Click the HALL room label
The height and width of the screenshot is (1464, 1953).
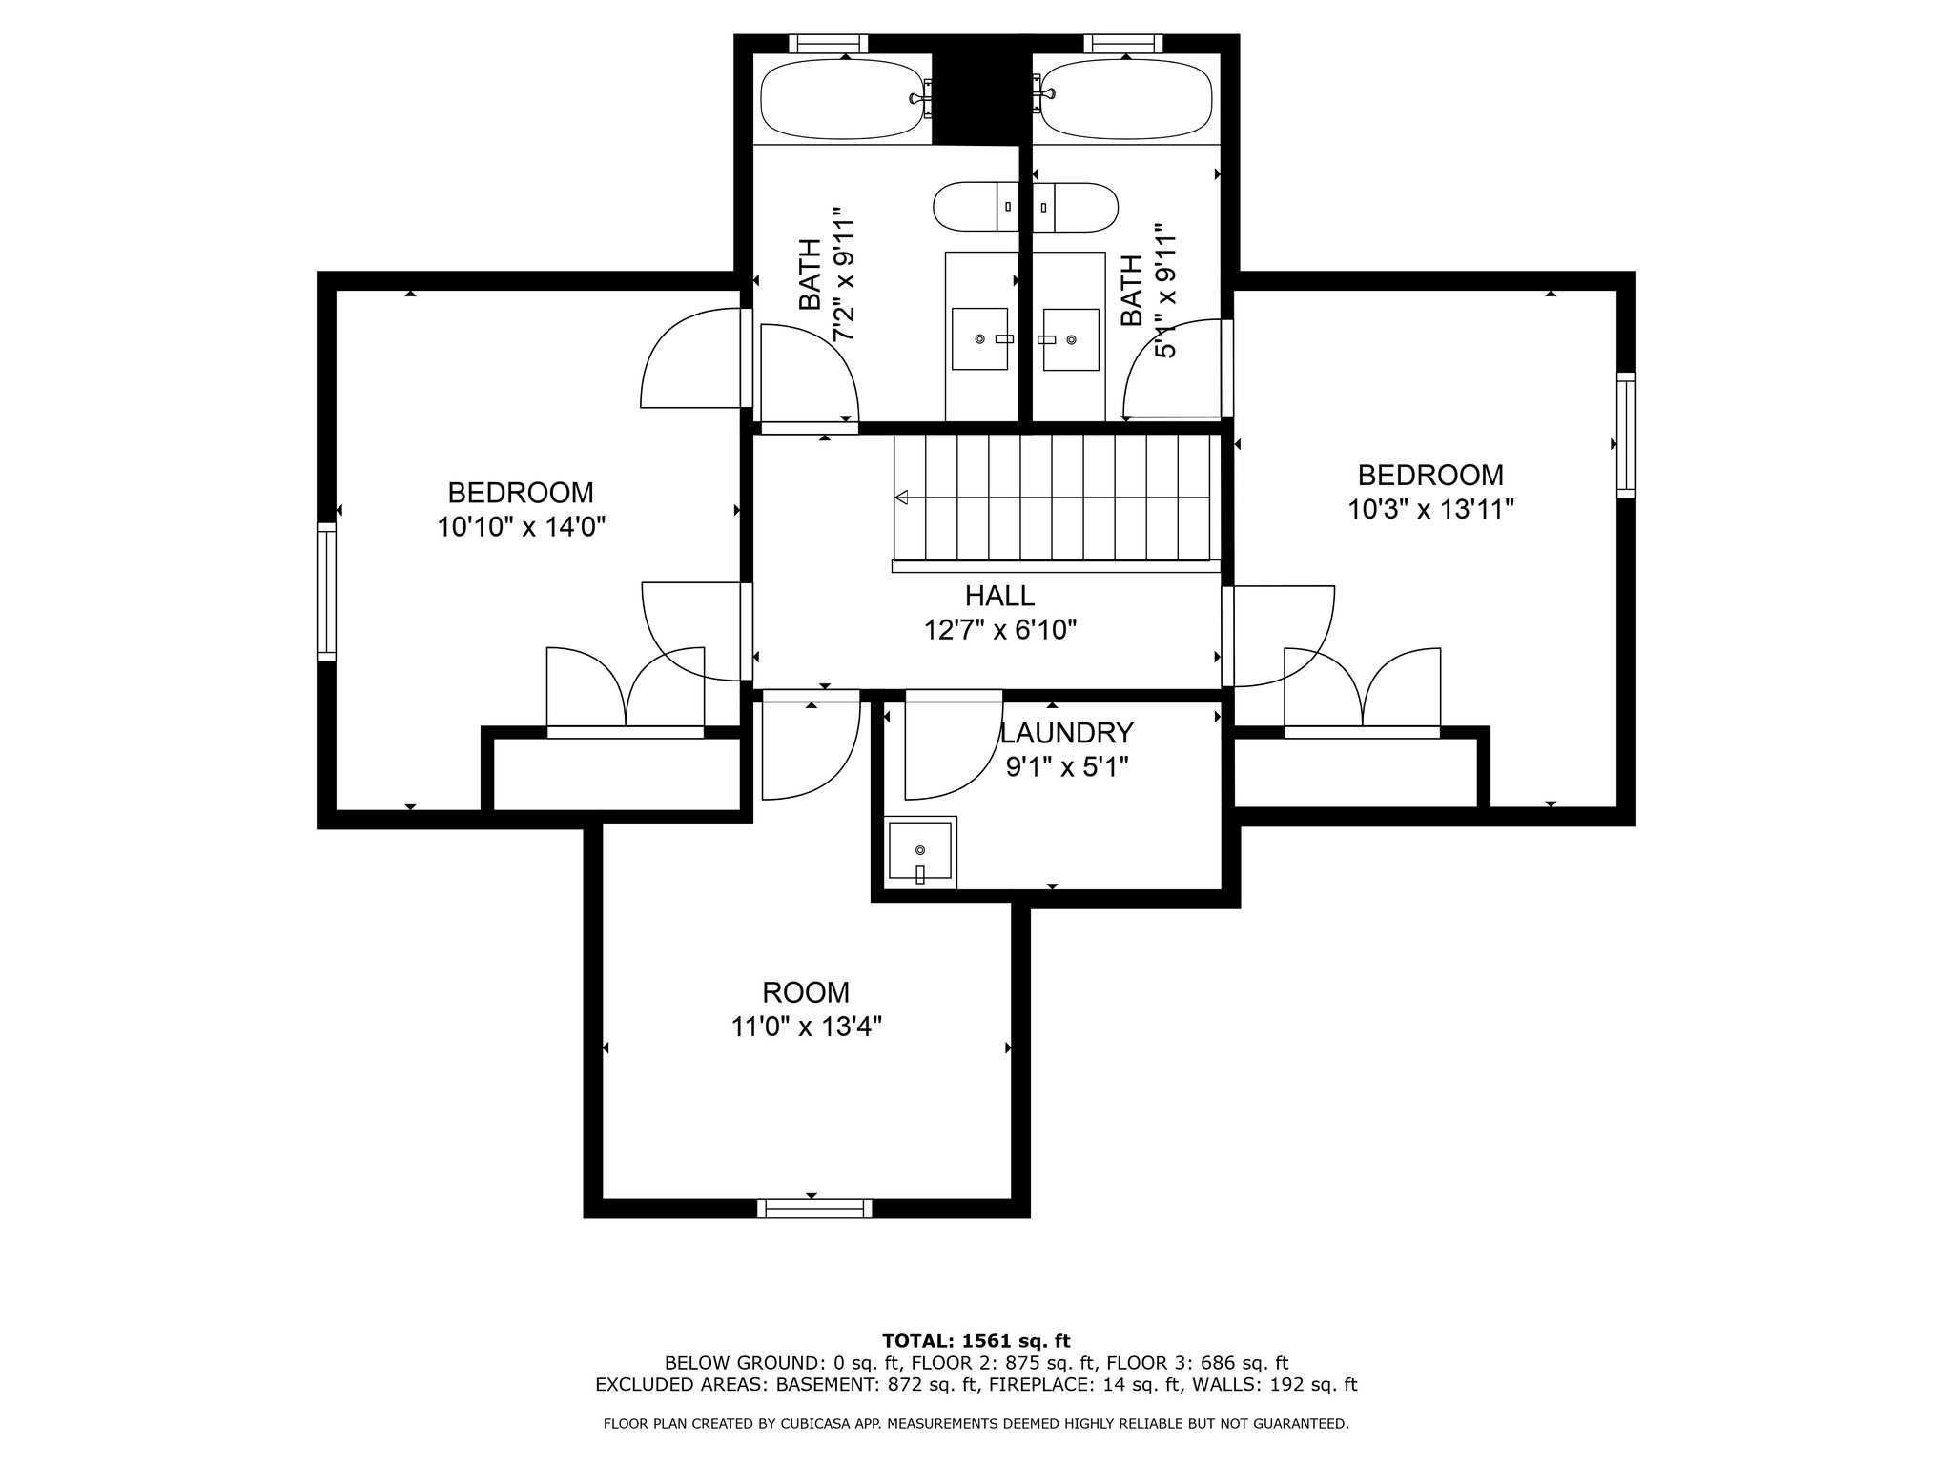(x=999, y=596)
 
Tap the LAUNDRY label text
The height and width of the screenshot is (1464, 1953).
(x=1066, y=733)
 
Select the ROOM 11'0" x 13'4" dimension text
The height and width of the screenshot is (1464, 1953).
(x=806, y=1027)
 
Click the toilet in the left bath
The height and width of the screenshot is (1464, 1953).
(x=976, y=207)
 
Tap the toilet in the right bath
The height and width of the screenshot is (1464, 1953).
(x=1076, y=207)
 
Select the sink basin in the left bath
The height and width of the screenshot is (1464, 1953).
(x=980, y=338)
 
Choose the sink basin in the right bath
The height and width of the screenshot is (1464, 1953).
(x=1071, y=338)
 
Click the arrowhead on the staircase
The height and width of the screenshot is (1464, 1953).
(x=901, y=497)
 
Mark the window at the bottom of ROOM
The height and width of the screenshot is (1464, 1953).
(x=814, y=1208)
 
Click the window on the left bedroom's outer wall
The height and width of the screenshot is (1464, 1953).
(x=327, y=591)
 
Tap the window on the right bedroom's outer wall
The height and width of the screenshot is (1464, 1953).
(x=1626, y=435)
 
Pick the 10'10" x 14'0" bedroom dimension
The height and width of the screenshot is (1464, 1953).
(x=522, y=527)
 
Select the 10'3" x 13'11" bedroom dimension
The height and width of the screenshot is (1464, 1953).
(x=1430, y=510)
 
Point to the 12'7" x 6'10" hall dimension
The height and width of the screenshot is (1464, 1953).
(x=1000, y=630)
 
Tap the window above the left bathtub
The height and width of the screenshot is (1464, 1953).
(x=829, y=43)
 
